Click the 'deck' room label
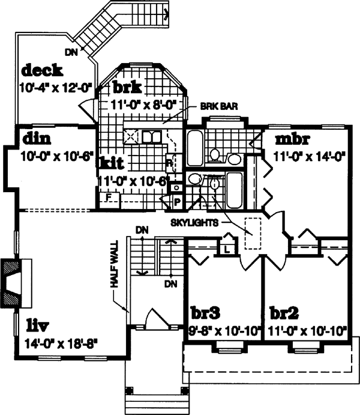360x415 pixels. point(42,71)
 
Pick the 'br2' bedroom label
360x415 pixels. point(285,313)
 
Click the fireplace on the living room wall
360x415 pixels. point(13,283)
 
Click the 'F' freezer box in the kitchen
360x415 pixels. point(109,195)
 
